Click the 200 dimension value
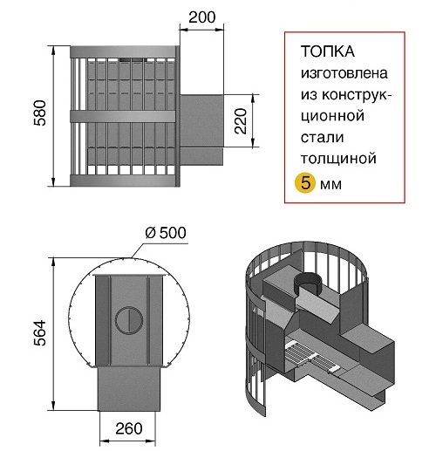pos(202,17)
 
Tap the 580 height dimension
pos(40,113)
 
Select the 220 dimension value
pos(241,121)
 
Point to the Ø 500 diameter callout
pos(166,233)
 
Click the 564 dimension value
pos(40,333)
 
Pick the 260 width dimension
pos(129,428)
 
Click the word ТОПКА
pos(328,51)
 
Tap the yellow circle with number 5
pos(305,183)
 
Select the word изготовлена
pos(344,73)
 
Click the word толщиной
pos(338,159)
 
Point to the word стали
pos(322,137)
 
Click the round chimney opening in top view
pos(129,320)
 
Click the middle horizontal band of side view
pos(123,116)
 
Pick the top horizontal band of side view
pos(123,51)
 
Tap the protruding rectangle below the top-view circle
pos(129,389)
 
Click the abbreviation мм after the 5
pos(330,185)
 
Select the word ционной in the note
pos(332,116)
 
